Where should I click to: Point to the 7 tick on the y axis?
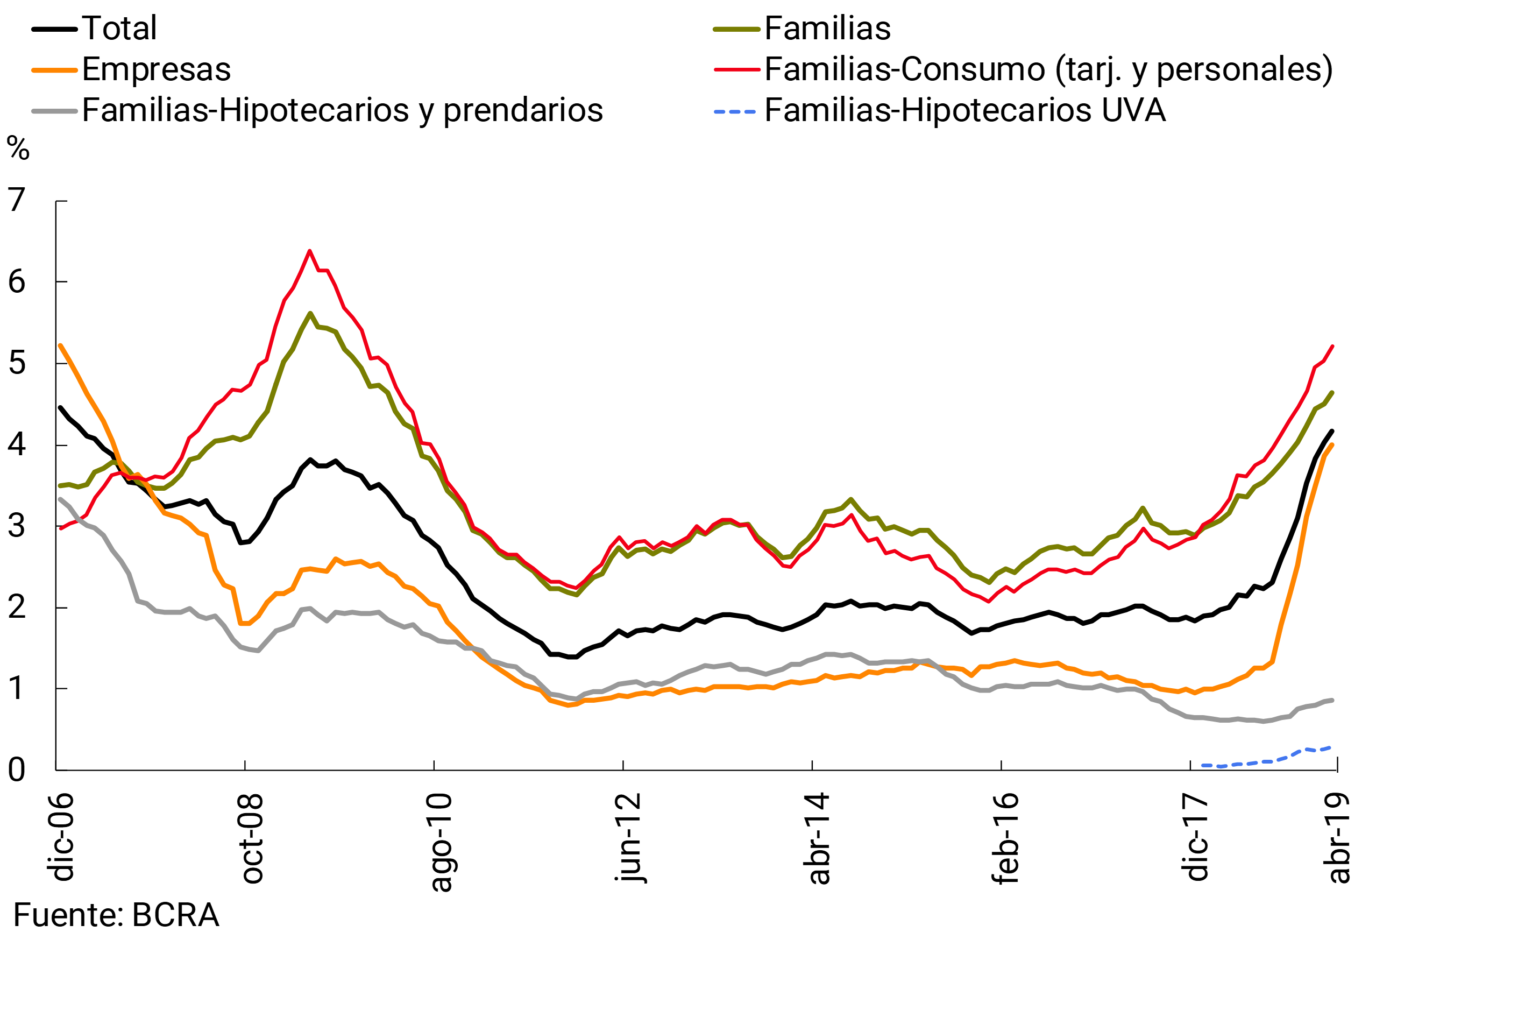17,200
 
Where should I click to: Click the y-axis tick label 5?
17,363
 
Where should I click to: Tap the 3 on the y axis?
17,526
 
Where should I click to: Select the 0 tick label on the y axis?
17,770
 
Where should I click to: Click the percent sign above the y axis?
18,149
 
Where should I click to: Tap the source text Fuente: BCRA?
116,916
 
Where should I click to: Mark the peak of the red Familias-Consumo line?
310,250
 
